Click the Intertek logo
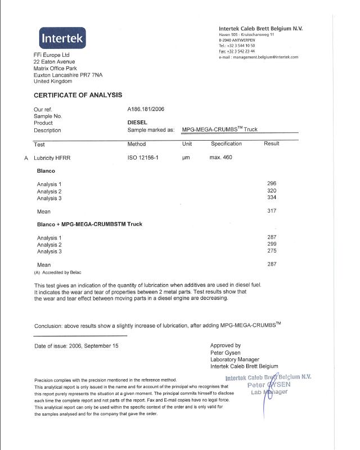coord(55,38)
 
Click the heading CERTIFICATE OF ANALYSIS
coord(78,95)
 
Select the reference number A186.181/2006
coord(146,109)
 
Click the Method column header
coord(137,144)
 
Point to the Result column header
coord(271,144)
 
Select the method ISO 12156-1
coord(143,157)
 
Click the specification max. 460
coord(220,157)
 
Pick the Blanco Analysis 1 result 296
coord(272,184)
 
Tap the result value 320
coord(272,191)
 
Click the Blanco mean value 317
coord(272,211)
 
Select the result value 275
coord(272,251)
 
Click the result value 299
coord(272,244)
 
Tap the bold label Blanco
coord(46,170)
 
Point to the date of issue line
coord(76,346)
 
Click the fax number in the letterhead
coord(237,51)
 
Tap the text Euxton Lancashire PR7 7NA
coord(68,75)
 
